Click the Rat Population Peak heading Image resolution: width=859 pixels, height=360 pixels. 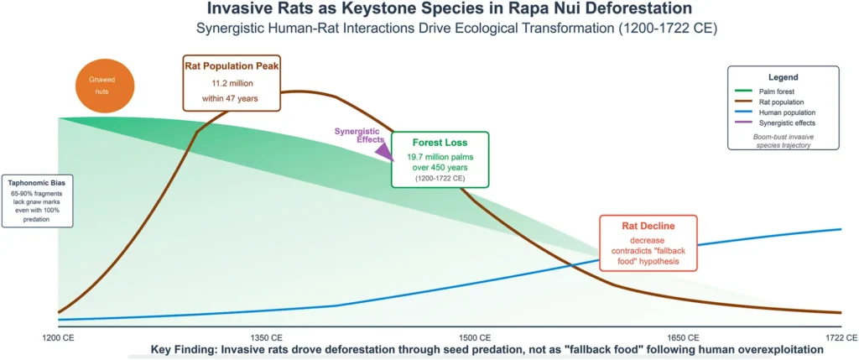tap(232, 68)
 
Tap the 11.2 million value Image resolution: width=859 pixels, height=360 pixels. tap(232, 84)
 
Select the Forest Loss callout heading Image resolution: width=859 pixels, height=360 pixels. tap(440, 142)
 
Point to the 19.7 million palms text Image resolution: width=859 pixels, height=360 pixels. tap(440, 157)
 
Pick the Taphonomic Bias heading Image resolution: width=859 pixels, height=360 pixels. tap(36, 182)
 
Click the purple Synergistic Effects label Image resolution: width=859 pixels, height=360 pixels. tap(359, 135)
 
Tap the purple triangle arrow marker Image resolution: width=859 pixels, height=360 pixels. tap(384, 151)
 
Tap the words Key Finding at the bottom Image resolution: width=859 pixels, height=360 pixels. tap(184, 349)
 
